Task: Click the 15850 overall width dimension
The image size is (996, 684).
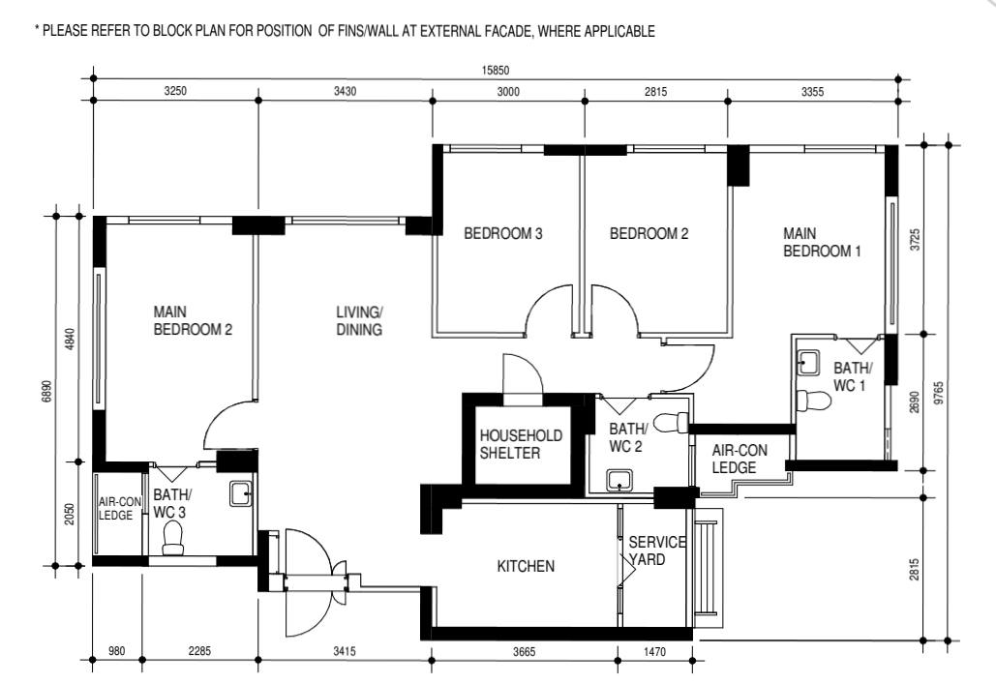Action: [496, 69]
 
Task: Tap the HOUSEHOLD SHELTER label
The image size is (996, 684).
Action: [521, 445]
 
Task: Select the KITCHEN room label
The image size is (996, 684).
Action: [526, 566]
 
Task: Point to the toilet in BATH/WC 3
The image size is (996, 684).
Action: [174, 538]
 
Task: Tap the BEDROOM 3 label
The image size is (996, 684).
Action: [502, 233]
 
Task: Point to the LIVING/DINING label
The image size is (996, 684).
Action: [359, 321]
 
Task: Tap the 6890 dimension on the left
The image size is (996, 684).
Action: [47, 391]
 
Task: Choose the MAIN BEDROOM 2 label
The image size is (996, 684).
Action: [193, 321]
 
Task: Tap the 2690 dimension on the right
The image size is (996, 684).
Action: [916, 402]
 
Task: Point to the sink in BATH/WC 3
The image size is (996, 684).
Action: [241, 494]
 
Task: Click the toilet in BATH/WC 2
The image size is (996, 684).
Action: [670, 422]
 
